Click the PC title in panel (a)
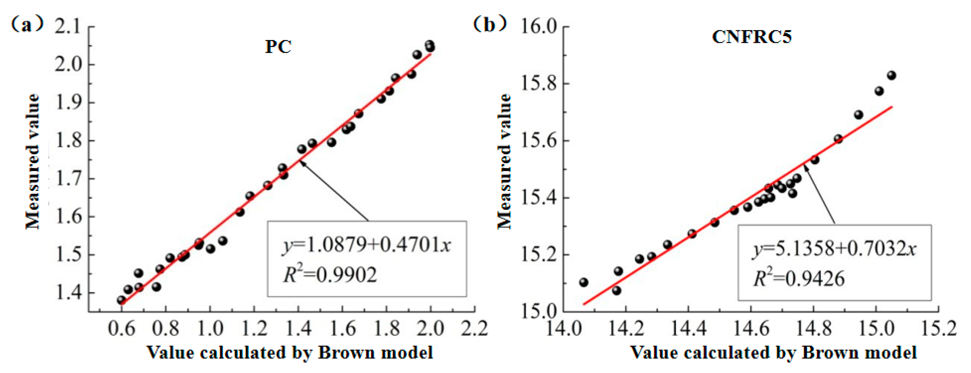[278, 47]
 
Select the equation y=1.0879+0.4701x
[366, 245]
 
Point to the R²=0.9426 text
[799, 279]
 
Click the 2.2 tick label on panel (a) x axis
[475, 328]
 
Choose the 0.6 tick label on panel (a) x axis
[121, 328]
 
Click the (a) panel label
[26, 25]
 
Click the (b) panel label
[490, 25]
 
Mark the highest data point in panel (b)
[891, 75]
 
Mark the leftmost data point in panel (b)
[584, 282]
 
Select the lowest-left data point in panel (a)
[121, 300]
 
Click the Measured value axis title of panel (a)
[33, 161]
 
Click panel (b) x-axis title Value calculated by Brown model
[773, 352]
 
